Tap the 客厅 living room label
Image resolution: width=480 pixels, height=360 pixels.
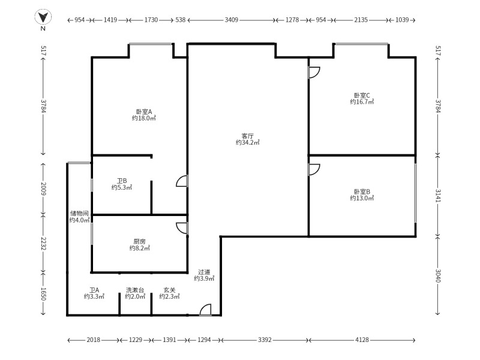click(x=247, y=136)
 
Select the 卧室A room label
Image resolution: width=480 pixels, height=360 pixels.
click(x=144, y=112)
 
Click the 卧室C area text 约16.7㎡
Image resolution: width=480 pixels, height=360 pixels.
click(x=362, y=102)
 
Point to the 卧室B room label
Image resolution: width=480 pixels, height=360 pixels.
click(x=362, y=192)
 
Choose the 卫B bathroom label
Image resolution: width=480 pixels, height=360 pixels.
click(x=122, y=181)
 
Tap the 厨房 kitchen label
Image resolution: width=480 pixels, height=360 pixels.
click(x=139, y=241)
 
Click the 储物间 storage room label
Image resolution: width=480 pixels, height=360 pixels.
click(x=79, y=213)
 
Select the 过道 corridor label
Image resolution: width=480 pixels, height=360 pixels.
click(x=204, y=272)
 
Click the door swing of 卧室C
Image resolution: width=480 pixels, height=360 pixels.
click(x=314, y=73)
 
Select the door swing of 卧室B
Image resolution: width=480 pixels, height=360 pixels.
click(x=314, y=169)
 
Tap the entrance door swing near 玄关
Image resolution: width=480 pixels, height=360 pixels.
click(x=205, y=310)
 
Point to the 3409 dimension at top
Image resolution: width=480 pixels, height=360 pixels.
click(x=232, y=20)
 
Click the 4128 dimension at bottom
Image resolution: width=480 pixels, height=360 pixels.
click(x=362, y=340)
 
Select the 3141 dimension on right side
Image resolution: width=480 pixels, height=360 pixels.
click(x=438, y=196)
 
